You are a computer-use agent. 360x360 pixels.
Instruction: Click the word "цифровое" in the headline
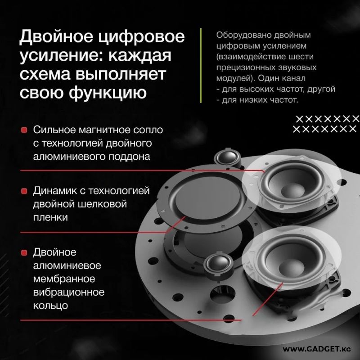pos(141,37)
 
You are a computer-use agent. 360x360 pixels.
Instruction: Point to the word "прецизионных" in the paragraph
pos(244,67)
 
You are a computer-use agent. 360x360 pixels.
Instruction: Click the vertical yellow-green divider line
pos(201,65)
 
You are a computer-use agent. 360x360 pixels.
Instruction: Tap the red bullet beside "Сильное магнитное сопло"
pos(24,130)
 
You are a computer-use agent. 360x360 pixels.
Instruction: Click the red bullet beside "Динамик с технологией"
pos(24,191)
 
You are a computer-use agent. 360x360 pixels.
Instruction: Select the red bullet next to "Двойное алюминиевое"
pos(24,253)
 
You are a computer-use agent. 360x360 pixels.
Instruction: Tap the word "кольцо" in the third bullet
pos(50,306)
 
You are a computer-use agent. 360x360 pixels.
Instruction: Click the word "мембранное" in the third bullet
pos(64,279)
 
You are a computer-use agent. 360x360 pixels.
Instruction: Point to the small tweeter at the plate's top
pos(228,157)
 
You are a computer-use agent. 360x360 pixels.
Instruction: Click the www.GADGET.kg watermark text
pos(317,349)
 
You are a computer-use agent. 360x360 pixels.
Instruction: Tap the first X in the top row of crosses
pos(299,119)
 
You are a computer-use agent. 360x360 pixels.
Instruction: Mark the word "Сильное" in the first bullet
pos(54,130)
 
